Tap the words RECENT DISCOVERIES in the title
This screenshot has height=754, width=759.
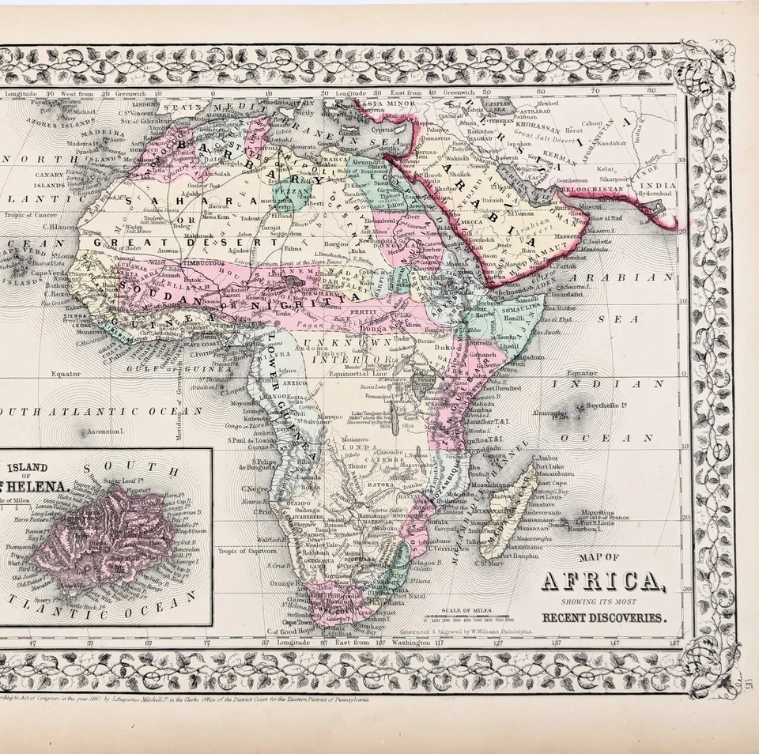pyautogui.click(x=603, y=616)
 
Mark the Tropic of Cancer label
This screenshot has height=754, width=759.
pyautogui.click(x=32, y=214)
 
